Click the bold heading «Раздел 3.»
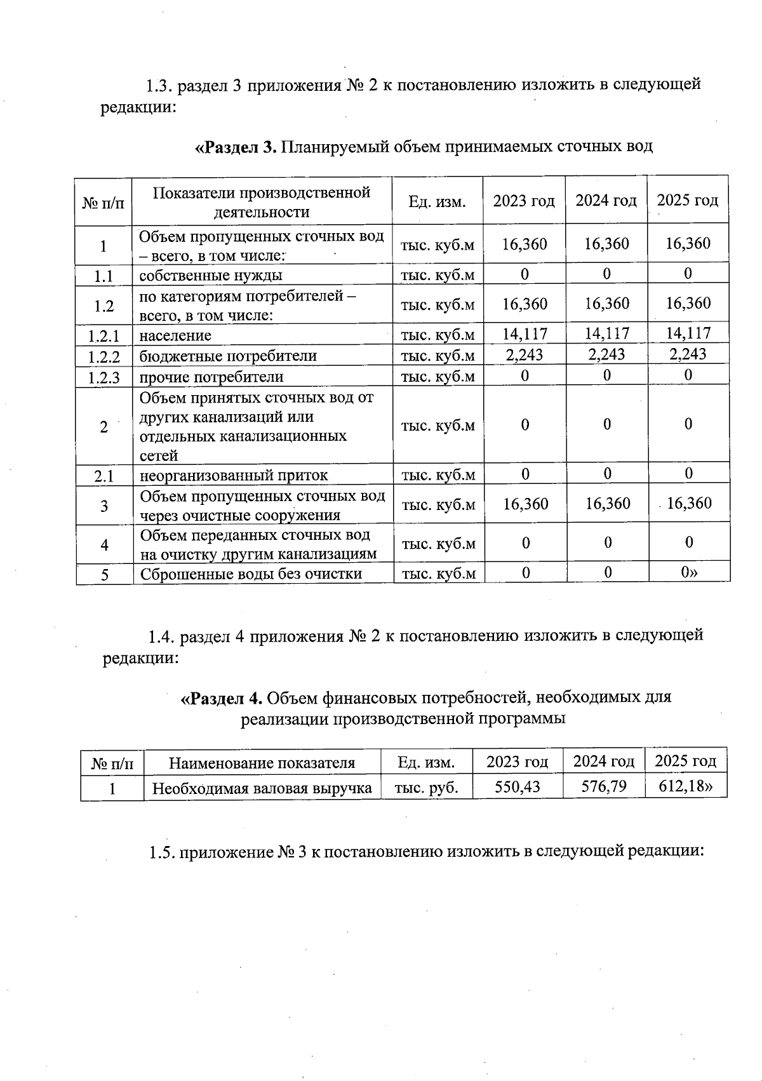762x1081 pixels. pos(235,147)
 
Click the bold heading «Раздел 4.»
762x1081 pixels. pos(222,697)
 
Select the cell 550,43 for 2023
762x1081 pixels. pos(517,787)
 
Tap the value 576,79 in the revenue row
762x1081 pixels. pos(603,787)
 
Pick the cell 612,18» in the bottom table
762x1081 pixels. pos(685,786)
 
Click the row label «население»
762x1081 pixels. pos(175,335)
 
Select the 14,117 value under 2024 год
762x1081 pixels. pos(606,333)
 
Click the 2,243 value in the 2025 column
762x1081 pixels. pos(688,354)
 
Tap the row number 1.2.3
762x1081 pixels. pos(104,378)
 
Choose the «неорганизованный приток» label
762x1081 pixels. pos(234,475)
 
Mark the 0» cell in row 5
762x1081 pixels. pos(688,573)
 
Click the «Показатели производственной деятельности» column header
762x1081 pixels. pos(262,202)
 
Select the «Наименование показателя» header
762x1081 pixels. pos(262,763)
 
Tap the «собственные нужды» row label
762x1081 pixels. pos(210,276)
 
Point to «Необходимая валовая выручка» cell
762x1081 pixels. pos(262,789)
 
